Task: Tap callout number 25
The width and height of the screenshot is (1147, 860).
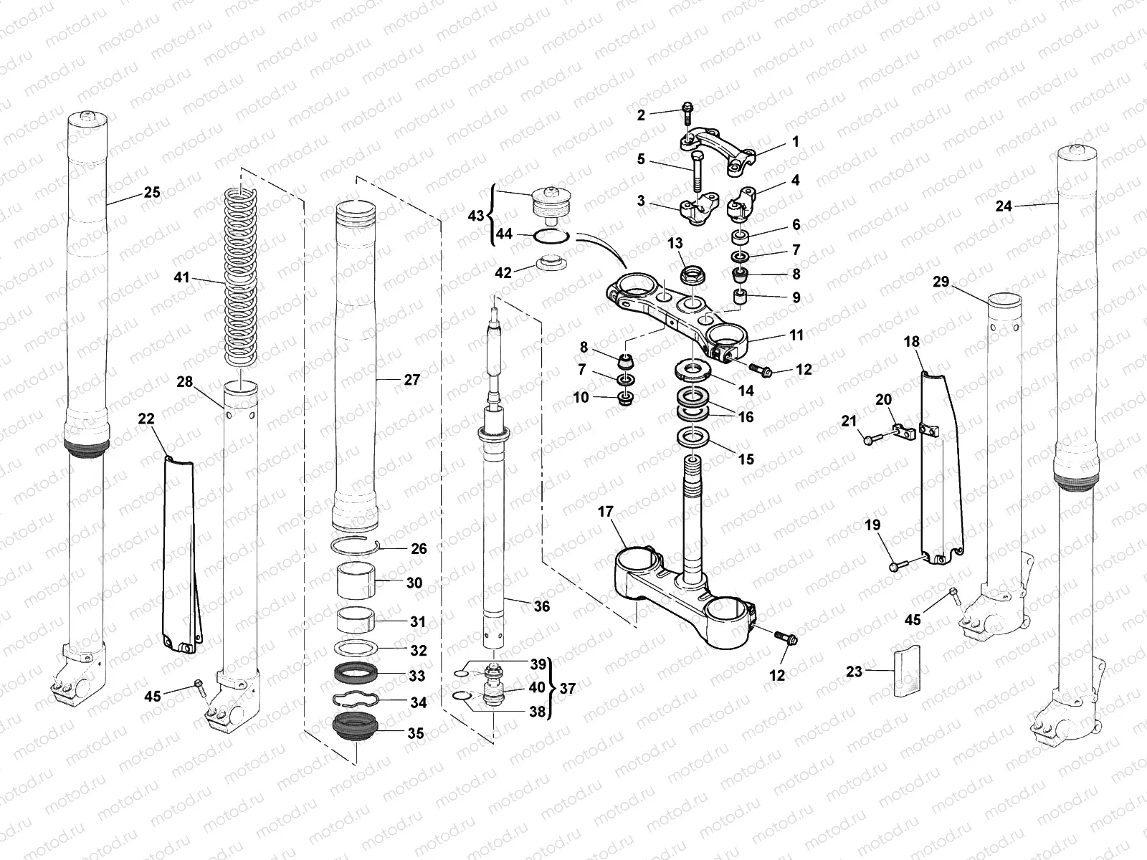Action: [x=152, y=192]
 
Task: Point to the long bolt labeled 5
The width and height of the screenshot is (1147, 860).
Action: [x=698, y=174]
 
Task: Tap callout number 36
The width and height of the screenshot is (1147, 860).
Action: [x=542, y=606]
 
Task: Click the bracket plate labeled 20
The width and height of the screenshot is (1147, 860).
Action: [x=906, y=431]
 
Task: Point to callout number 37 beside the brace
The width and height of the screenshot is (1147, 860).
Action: [x=568, y=689]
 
